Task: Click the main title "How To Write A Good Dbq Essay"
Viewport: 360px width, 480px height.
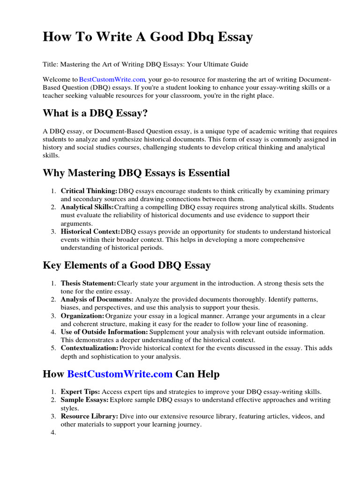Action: coord(148,37)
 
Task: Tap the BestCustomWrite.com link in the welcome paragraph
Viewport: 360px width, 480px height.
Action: coord(112,80)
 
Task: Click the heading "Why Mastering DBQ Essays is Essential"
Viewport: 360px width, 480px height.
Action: coord(136,173)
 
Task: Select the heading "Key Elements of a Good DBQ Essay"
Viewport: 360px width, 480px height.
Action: coord(127,265)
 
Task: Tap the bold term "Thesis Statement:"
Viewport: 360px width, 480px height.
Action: coord(89,284)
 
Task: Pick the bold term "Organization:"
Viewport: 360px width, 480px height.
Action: coord(82,316)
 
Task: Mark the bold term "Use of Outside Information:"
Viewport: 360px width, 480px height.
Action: coord(103,332)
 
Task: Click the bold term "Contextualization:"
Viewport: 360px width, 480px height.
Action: coord(90,348)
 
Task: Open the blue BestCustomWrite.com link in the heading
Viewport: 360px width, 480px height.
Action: coord(120,374)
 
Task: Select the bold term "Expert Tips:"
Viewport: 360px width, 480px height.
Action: coord(80,391)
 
